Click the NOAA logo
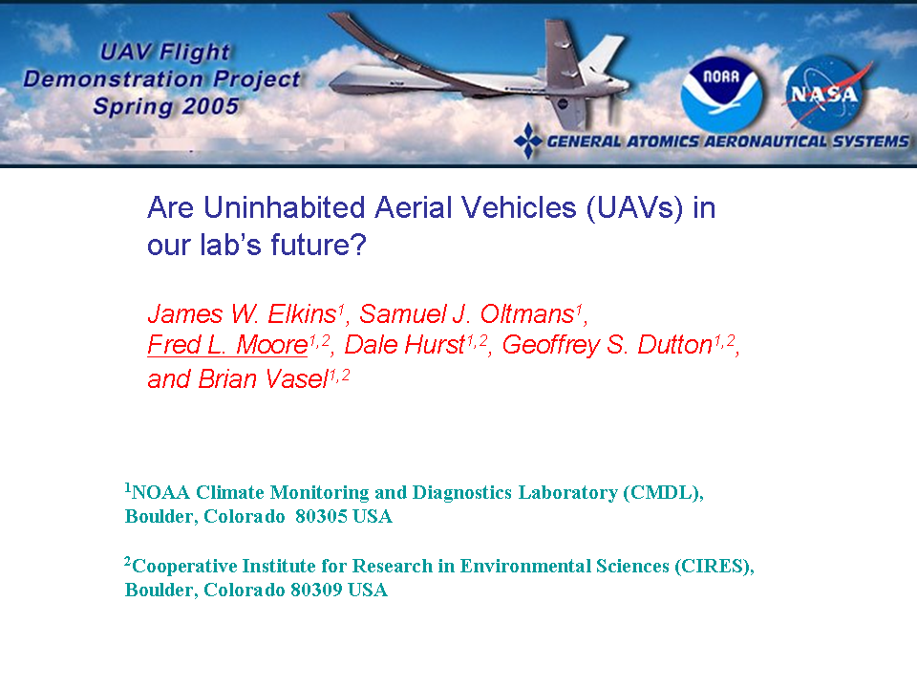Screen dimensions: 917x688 click(722, 93)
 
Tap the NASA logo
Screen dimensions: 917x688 click(825, 93)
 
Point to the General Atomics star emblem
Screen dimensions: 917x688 click(528, 141)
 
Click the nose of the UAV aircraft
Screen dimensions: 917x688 click(334, 85)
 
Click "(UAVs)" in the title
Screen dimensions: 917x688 click(634, 208)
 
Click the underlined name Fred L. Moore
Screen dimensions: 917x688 click(227, 345)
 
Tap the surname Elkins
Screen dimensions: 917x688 click(302, 314)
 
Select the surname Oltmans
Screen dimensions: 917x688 click(527, 314)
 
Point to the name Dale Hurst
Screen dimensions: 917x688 click(405, 345)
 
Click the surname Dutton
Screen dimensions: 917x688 click(675, 345)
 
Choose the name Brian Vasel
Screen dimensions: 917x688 click(264, 379)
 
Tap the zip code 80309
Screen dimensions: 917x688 click(316, 590)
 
